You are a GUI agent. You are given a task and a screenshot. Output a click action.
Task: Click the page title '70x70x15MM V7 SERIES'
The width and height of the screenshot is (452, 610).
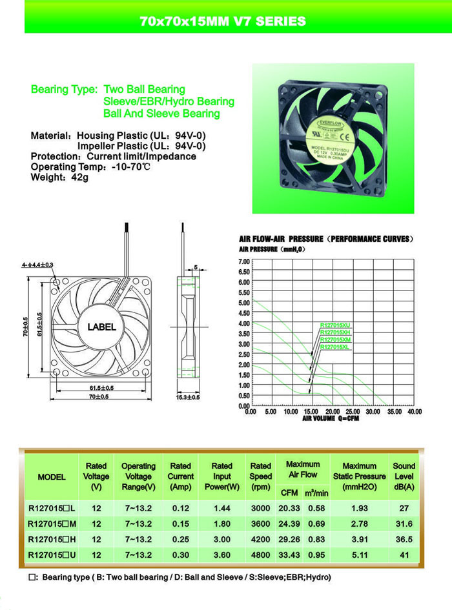223,21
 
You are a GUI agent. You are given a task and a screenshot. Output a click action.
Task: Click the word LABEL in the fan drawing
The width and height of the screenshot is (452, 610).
101,327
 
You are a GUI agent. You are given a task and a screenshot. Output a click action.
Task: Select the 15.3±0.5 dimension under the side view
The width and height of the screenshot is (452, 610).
188,397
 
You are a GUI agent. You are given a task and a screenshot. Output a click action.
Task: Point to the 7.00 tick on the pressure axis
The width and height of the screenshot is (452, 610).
243,261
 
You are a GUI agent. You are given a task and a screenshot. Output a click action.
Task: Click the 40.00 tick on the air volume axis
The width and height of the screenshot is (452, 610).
413,411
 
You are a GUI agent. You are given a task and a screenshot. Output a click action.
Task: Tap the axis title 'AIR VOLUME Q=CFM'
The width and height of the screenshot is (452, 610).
331,418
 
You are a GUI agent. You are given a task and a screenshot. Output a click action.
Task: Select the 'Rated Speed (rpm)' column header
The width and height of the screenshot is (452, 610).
261,476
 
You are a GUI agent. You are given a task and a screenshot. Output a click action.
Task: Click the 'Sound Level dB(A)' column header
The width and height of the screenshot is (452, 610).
404,476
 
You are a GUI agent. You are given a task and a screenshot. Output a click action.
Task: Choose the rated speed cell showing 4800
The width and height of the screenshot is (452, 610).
261,554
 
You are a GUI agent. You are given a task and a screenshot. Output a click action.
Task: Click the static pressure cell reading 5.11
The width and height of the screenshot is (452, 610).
360,554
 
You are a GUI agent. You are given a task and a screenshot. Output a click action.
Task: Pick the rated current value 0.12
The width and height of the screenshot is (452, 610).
181,508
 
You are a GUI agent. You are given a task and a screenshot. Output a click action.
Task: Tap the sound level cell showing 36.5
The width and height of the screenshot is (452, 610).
404,539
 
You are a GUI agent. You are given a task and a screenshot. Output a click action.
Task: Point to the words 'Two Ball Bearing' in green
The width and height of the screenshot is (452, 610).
144,89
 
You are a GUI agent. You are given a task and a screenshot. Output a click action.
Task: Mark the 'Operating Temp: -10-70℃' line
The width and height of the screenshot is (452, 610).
90,167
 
